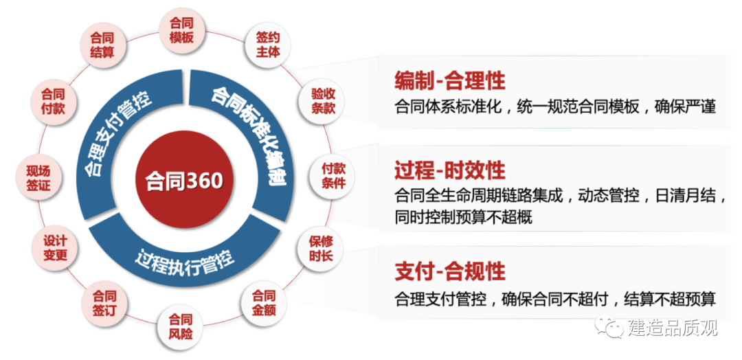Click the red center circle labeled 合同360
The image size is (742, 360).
click(184, 180)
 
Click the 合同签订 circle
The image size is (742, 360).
click(104, 304)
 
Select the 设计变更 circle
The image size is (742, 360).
click(55, 248)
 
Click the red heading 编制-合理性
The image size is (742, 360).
click(450, 80)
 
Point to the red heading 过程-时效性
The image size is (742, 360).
click(450, 170)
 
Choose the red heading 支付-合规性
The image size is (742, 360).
click(450, 271)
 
